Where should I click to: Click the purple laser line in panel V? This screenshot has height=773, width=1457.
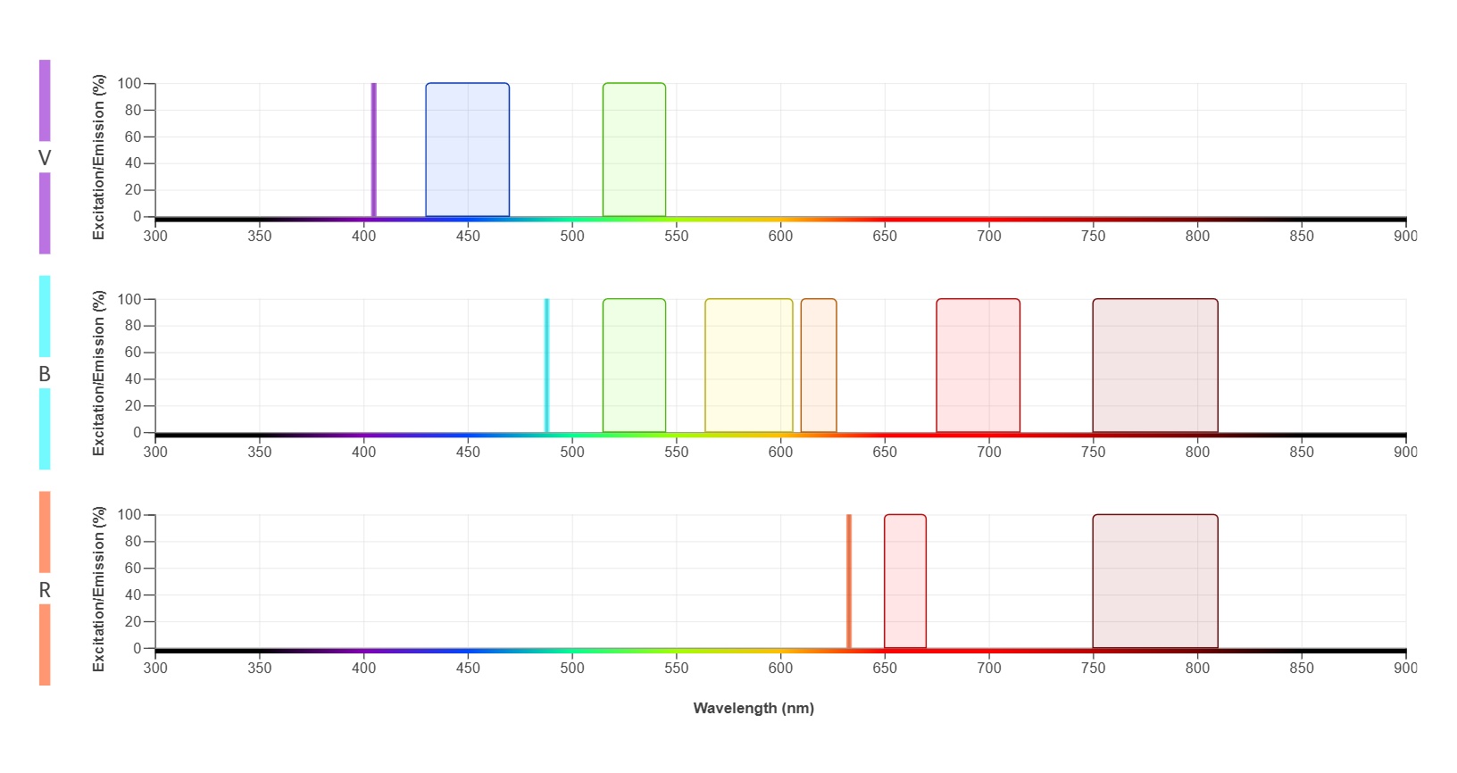point(373,150)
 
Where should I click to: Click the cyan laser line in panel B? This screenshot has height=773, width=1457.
point(546,366)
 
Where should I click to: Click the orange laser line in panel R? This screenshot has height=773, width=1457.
point(848,581)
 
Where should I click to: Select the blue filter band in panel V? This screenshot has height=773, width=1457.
point(467,150)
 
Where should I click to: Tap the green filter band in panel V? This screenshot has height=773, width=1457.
point(634,150)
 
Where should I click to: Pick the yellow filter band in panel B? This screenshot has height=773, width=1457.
point(748,366)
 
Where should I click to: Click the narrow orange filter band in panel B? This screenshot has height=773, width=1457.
point(818,366)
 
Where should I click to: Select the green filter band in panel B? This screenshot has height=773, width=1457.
point(634,366)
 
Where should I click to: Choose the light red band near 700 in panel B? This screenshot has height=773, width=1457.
point(978,366)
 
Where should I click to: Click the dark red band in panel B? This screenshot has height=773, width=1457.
point(1154,366)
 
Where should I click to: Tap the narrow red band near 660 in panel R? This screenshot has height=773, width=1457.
point(904,581)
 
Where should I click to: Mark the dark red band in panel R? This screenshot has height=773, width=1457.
point(1154,581)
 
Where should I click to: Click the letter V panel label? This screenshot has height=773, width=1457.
point(45,158)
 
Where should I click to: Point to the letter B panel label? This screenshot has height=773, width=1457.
point(45,374)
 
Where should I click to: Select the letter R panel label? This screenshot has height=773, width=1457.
point(45,590)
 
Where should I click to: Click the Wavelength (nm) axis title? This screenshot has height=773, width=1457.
point(753,708)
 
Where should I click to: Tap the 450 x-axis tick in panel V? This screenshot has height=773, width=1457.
point(468,237)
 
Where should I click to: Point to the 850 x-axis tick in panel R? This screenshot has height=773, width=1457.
point(1301,668)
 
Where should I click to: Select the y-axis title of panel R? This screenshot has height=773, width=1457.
point(98,589)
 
